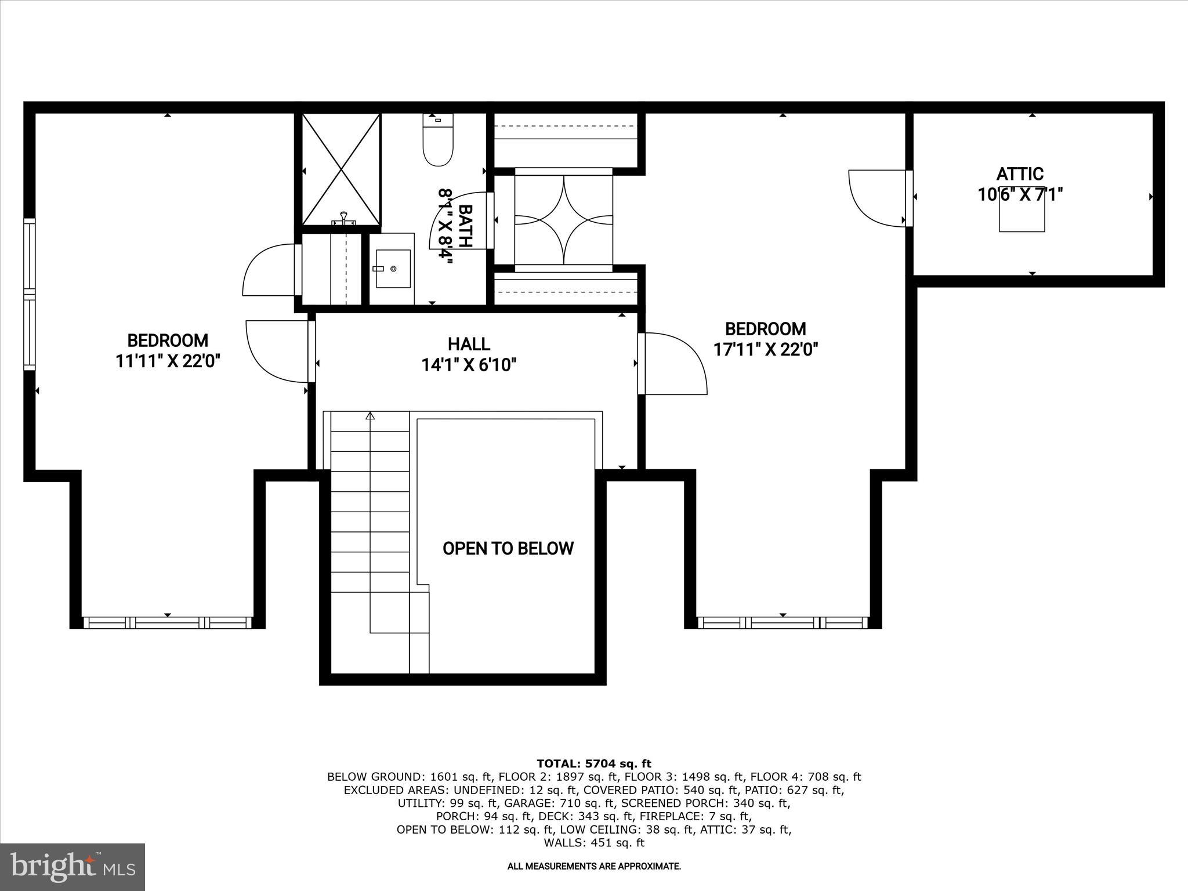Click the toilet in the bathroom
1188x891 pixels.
437,145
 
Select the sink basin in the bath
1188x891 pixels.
393,269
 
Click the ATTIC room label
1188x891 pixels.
1020,173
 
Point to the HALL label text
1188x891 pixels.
469,344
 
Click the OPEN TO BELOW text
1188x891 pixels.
508,548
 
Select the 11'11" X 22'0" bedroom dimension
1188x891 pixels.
168,361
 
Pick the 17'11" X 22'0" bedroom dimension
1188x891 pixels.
765,349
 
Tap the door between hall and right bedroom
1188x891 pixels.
673,364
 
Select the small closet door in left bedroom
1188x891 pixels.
268,270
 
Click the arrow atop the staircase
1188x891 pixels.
370,415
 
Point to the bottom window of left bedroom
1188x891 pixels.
168,623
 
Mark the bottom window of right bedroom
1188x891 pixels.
783,623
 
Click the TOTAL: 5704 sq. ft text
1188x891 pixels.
594,763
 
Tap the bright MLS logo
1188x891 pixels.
73,867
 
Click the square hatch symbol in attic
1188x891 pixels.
1022,210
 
